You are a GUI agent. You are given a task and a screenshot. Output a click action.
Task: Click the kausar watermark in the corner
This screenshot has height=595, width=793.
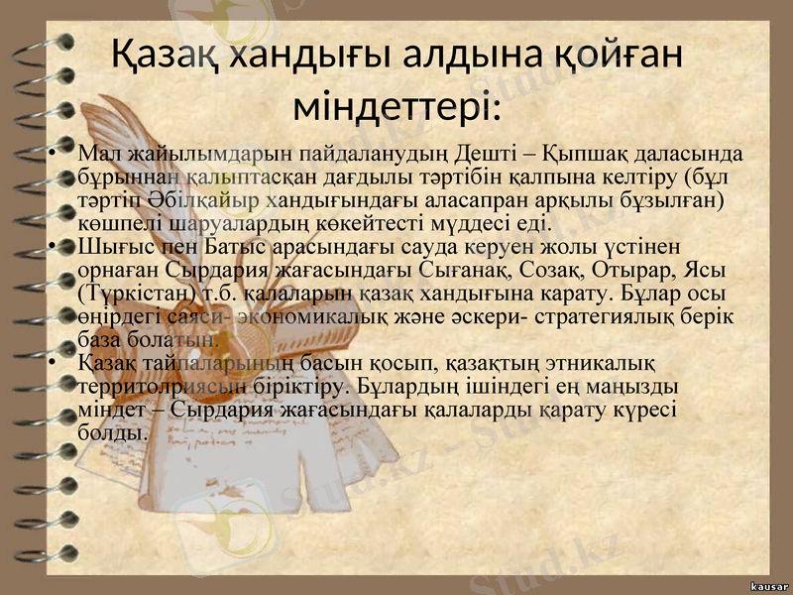click(761, 585)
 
